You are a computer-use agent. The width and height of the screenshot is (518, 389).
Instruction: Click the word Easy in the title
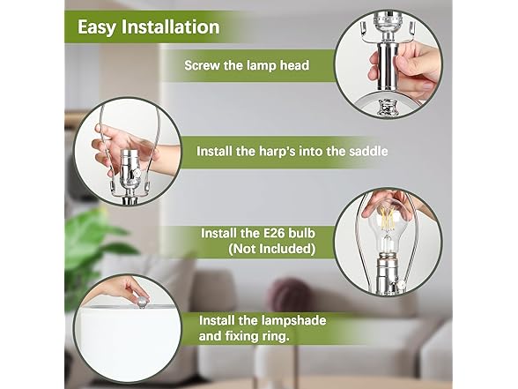coord(97,27)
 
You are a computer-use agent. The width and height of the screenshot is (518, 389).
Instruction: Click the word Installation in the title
coord(171,26)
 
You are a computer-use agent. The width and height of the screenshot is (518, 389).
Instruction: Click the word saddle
coord(368,151)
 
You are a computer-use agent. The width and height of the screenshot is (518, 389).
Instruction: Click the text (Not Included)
coord(271,249)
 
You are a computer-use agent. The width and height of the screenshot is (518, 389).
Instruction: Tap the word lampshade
coord(293,320)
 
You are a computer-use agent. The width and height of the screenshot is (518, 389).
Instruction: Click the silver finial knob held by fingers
coord(142,302)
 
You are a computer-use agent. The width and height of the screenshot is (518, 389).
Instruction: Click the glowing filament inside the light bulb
coord(388,219)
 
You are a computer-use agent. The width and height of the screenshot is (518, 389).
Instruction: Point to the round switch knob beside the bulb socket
coord(402,285)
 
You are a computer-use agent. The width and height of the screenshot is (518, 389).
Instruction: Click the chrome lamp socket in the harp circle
coord(129,173)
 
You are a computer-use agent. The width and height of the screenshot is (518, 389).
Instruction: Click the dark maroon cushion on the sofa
coord(291,295)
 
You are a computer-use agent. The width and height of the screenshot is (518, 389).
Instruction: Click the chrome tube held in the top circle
coord(388,68)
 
